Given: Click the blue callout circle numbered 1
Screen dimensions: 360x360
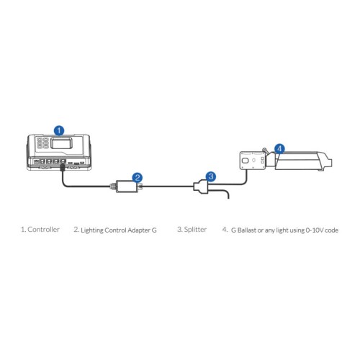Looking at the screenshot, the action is tap(59, 131).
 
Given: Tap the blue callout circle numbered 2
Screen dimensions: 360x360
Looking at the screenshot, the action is tap(138, 178).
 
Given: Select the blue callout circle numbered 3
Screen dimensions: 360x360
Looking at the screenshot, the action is tap(211, 176).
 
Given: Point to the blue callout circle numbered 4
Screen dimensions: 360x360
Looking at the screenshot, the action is tap(279, 149).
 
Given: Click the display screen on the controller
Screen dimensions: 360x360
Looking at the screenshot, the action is tap(62, 143).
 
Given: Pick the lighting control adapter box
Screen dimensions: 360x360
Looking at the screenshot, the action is tap(127, 186).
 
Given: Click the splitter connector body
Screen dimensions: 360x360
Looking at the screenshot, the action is tap(202, 186).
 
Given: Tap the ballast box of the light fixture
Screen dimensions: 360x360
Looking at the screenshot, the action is tap(253, 161).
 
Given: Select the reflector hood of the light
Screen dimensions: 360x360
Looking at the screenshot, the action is tap(303, 161).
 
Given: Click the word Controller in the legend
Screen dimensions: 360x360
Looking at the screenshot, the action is tap(43, 230).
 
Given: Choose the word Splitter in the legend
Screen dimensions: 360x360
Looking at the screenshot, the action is tap(195, 230).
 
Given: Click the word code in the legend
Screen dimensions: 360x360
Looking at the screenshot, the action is tap(332, 230).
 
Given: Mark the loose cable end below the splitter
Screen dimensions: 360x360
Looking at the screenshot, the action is tap(228, 197).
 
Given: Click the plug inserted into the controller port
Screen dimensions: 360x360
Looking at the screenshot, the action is tap(63, 167).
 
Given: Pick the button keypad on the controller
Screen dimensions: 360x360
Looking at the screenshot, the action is tap(42, 143).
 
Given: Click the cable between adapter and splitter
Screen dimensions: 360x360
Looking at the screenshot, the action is tap(168, 186).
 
